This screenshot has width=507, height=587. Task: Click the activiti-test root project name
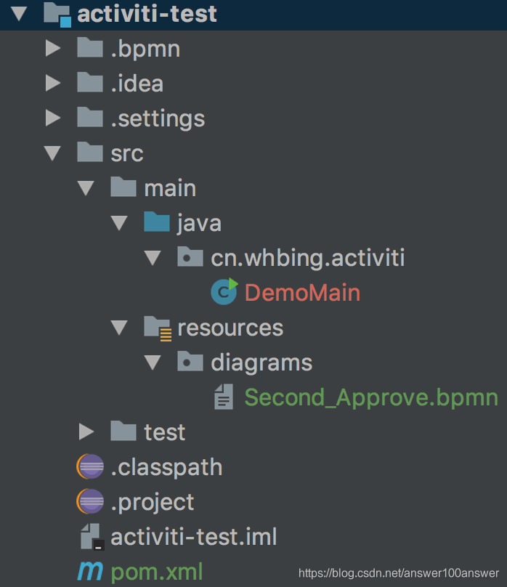pos(147,14)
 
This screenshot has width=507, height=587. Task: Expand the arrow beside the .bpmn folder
pos(52,49)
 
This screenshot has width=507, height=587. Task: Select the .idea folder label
pos(137,84)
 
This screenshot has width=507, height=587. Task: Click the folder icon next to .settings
pos(89,118)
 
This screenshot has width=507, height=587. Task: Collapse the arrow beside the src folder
pos(52,153)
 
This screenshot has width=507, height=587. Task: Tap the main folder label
pos(170,188)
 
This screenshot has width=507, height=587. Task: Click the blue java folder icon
pos(156,222)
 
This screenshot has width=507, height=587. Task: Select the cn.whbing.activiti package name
pos(308,258)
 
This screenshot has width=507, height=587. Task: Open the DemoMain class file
pos(302,293)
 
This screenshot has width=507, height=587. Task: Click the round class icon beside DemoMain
pos(224,292)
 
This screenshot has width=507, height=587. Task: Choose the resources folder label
pos(230,328)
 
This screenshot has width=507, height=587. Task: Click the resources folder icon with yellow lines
pos(157,328)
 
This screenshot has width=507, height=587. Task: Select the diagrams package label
pos(261,363)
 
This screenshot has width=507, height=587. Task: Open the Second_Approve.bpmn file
pos(370,397)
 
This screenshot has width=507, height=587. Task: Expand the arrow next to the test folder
pos(86,432)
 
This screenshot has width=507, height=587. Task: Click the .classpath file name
pos(166,467)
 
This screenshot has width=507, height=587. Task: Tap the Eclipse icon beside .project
pos(90,502)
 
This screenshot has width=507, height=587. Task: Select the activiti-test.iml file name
pos(194,538)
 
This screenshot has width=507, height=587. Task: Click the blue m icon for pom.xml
pos(90,572)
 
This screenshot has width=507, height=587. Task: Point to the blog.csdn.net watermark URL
pos(399,574)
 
